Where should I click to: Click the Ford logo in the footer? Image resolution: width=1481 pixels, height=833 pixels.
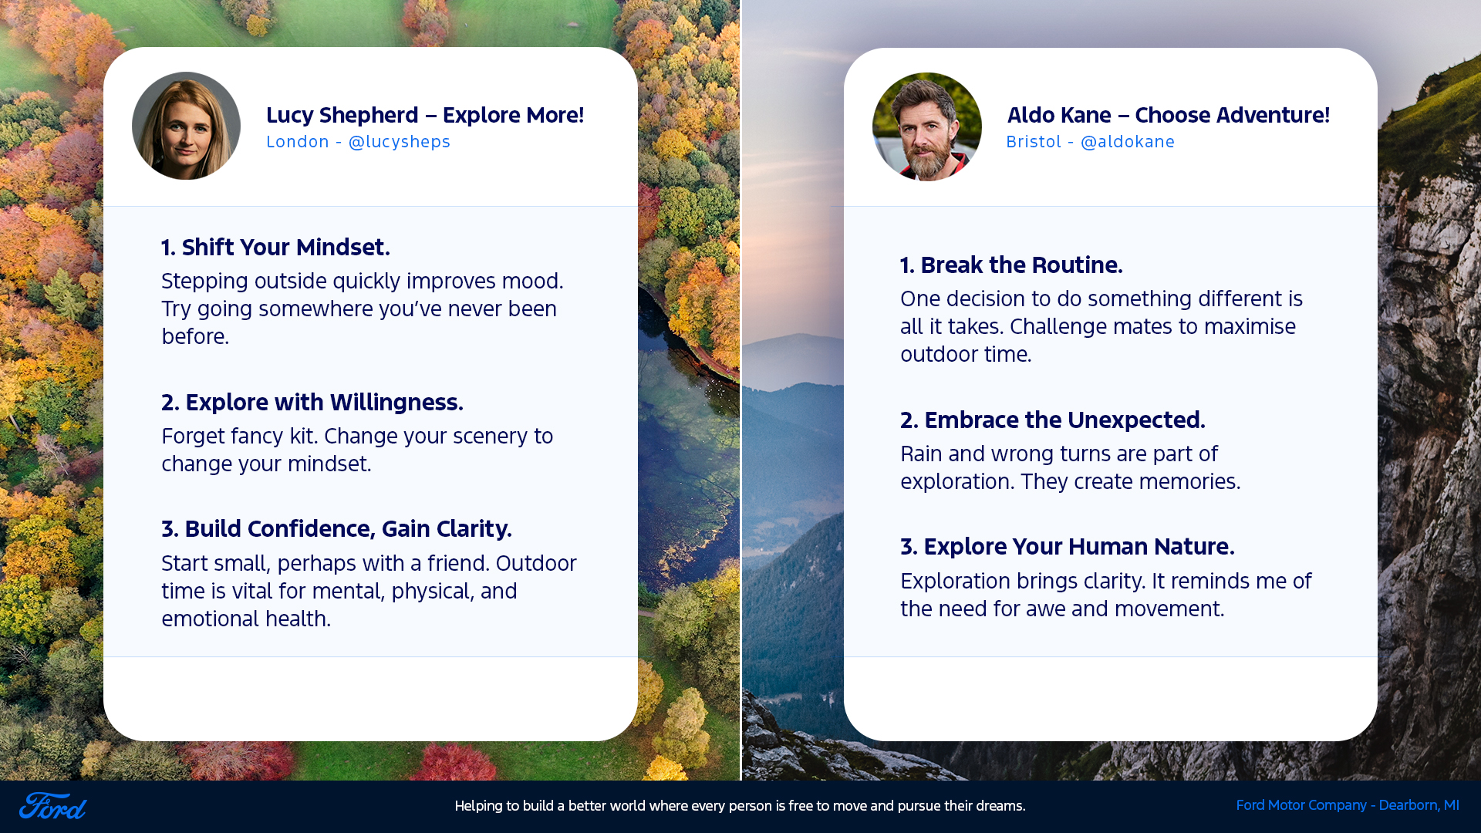(x=52, y=806)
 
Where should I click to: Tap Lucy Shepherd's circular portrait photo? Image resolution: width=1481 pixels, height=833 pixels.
(x=186, y=126)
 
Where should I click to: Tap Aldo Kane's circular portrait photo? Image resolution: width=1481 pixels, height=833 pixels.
(x=926, y=126)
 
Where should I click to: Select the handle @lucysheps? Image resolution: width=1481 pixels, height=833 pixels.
(x=400, y=142)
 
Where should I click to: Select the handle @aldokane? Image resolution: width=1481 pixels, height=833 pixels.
(x=1128, y=142)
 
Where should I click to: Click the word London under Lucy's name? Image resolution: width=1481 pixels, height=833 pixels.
(x=298, y=142)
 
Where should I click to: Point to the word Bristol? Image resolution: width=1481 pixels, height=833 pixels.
(x=1034, y=142)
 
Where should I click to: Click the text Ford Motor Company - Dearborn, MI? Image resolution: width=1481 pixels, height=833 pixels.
(x=1348, y=805)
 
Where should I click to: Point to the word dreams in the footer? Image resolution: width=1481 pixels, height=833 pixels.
(x=1000, y=806)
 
